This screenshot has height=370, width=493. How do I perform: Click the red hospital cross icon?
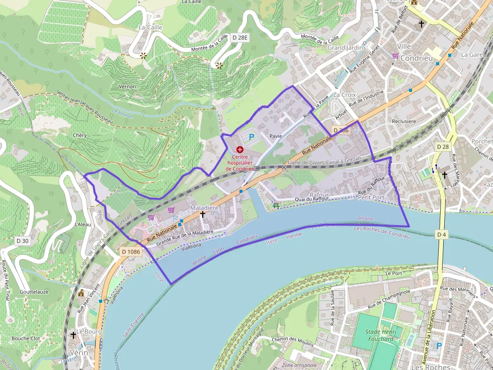point(239,150)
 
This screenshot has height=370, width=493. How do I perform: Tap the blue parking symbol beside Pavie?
point(252,137)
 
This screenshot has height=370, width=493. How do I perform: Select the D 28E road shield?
point(240,38)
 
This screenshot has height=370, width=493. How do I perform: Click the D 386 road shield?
point(340,131)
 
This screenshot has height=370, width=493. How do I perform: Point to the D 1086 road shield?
point(130,251)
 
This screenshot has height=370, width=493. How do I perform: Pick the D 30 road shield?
point(23,241)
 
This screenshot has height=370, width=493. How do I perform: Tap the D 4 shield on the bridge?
point(442,234)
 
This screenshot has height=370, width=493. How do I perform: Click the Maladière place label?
point(204,207)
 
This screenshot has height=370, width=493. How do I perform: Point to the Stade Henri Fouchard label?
point(380,335)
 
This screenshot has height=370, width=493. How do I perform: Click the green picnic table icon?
point(276,205)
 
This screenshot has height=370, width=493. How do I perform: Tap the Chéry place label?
point(79,136)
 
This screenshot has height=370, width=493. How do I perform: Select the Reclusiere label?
point(403,121)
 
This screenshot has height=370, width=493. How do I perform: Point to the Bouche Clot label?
point(26,338)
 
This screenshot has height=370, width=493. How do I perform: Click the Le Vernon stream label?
point(122,115)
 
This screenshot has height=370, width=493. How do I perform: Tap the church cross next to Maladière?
point(203,214)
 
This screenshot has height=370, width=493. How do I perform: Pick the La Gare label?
point(472,54)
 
